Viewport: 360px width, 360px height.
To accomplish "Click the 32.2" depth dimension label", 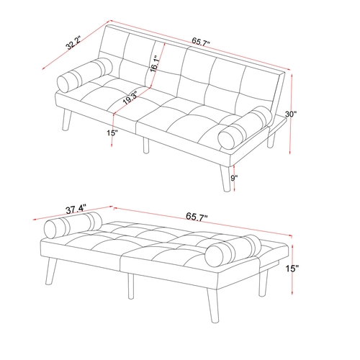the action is tap(74, 43).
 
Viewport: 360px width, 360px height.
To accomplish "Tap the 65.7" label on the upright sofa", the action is tap(201, 42).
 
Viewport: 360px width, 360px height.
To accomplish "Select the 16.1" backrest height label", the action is tap(154, 64).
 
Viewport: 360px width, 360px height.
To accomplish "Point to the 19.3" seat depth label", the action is tap(130, 98).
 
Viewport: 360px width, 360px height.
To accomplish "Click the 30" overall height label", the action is tap(291, 114).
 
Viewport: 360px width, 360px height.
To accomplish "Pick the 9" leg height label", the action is tap(234, 178).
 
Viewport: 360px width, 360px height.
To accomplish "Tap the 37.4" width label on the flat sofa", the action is tap(75, 210).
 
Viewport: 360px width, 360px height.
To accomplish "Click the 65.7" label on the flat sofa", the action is tap(197, 217).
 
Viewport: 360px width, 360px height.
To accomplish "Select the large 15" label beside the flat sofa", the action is tap(292, 269).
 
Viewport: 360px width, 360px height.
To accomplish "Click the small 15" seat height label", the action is tap(112, 132).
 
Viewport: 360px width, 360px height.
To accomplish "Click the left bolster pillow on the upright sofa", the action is tap(85, 75).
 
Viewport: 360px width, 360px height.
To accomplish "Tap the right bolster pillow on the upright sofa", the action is tap(245, 129).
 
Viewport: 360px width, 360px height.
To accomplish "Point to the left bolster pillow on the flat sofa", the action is tap(73, 225).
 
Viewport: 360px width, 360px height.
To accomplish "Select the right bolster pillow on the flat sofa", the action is tap(233, 251).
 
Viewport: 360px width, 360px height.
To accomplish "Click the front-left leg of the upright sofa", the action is tap(67, 121).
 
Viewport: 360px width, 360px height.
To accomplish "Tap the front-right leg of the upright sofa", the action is tap(225, 178).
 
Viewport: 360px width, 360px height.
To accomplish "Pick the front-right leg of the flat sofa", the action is tap(213, 305).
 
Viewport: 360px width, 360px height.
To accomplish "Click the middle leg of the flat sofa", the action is tap(130, 286).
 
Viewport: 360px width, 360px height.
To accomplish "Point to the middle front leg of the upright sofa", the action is tap(146, 145).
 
